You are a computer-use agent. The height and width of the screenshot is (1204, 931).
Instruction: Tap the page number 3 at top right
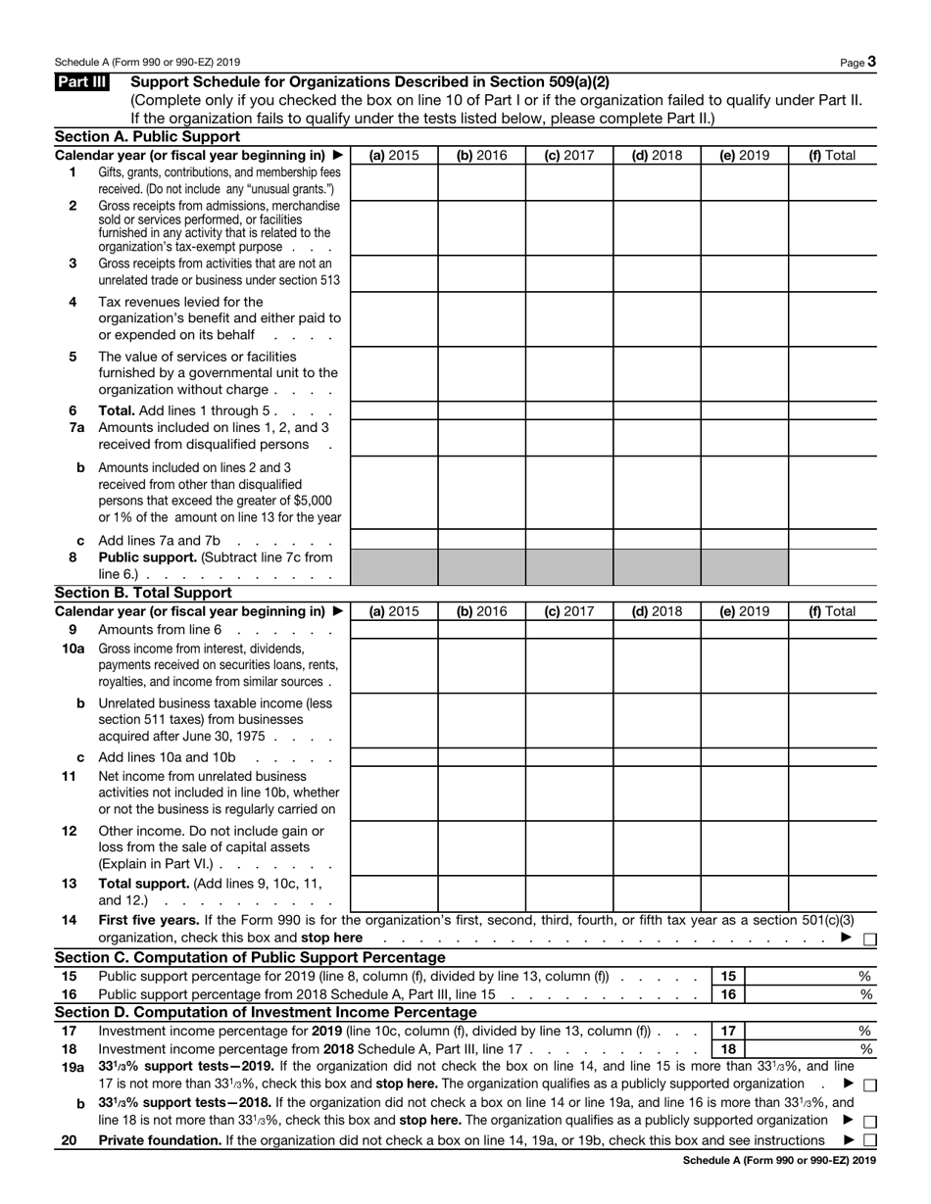pyautogui.click(x=871, y=62)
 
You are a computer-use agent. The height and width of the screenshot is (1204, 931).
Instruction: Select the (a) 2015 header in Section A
pyautogui.click(x=393, y=155)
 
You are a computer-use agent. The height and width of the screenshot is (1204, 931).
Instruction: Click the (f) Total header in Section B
pyautogui.click(x=831, y=611)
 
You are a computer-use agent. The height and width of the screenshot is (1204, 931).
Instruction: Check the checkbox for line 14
pyautogui.click(x=870, y=939)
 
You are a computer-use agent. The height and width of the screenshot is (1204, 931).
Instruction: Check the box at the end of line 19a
pyautogui.click(x=870, y=1084)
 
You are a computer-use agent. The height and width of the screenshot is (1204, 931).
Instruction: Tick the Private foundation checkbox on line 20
pyautogui.click(x=870, y=1140)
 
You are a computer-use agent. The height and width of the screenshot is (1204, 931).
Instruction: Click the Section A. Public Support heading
pyautogui.click(x=147, y=137)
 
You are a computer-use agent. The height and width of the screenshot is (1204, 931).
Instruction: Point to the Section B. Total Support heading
pyautogui.click(x=143, y=593)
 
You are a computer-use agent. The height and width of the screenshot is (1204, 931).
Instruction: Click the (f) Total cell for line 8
pyautogui.click(x=832, y=566)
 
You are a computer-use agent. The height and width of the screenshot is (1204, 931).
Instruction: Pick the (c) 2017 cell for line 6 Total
pyautogui.click(x=569, y=410)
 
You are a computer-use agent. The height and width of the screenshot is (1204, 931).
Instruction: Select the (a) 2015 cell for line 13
pyautogui.click(x=393, y=892)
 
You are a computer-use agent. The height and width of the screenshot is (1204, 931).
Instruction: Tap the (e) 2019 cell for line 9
pyautogui.click(x=745, y=630)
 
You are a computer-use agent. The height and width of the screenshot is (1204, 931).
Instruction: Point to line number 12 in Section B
pyautogui.click(x=70, y=831)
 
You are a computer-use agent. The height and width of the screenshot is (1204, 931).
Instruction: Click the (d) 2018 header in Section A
pyautogui.click(x=657, y=155)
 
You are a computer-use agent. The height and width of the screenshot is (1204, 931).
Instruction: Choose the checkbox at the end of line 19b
pyautogui.click(x=870, y=1121)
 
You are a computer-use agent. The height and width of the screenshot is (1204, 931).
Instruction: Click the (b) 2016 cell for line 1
pyautogui.click(x=481, y=181)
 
